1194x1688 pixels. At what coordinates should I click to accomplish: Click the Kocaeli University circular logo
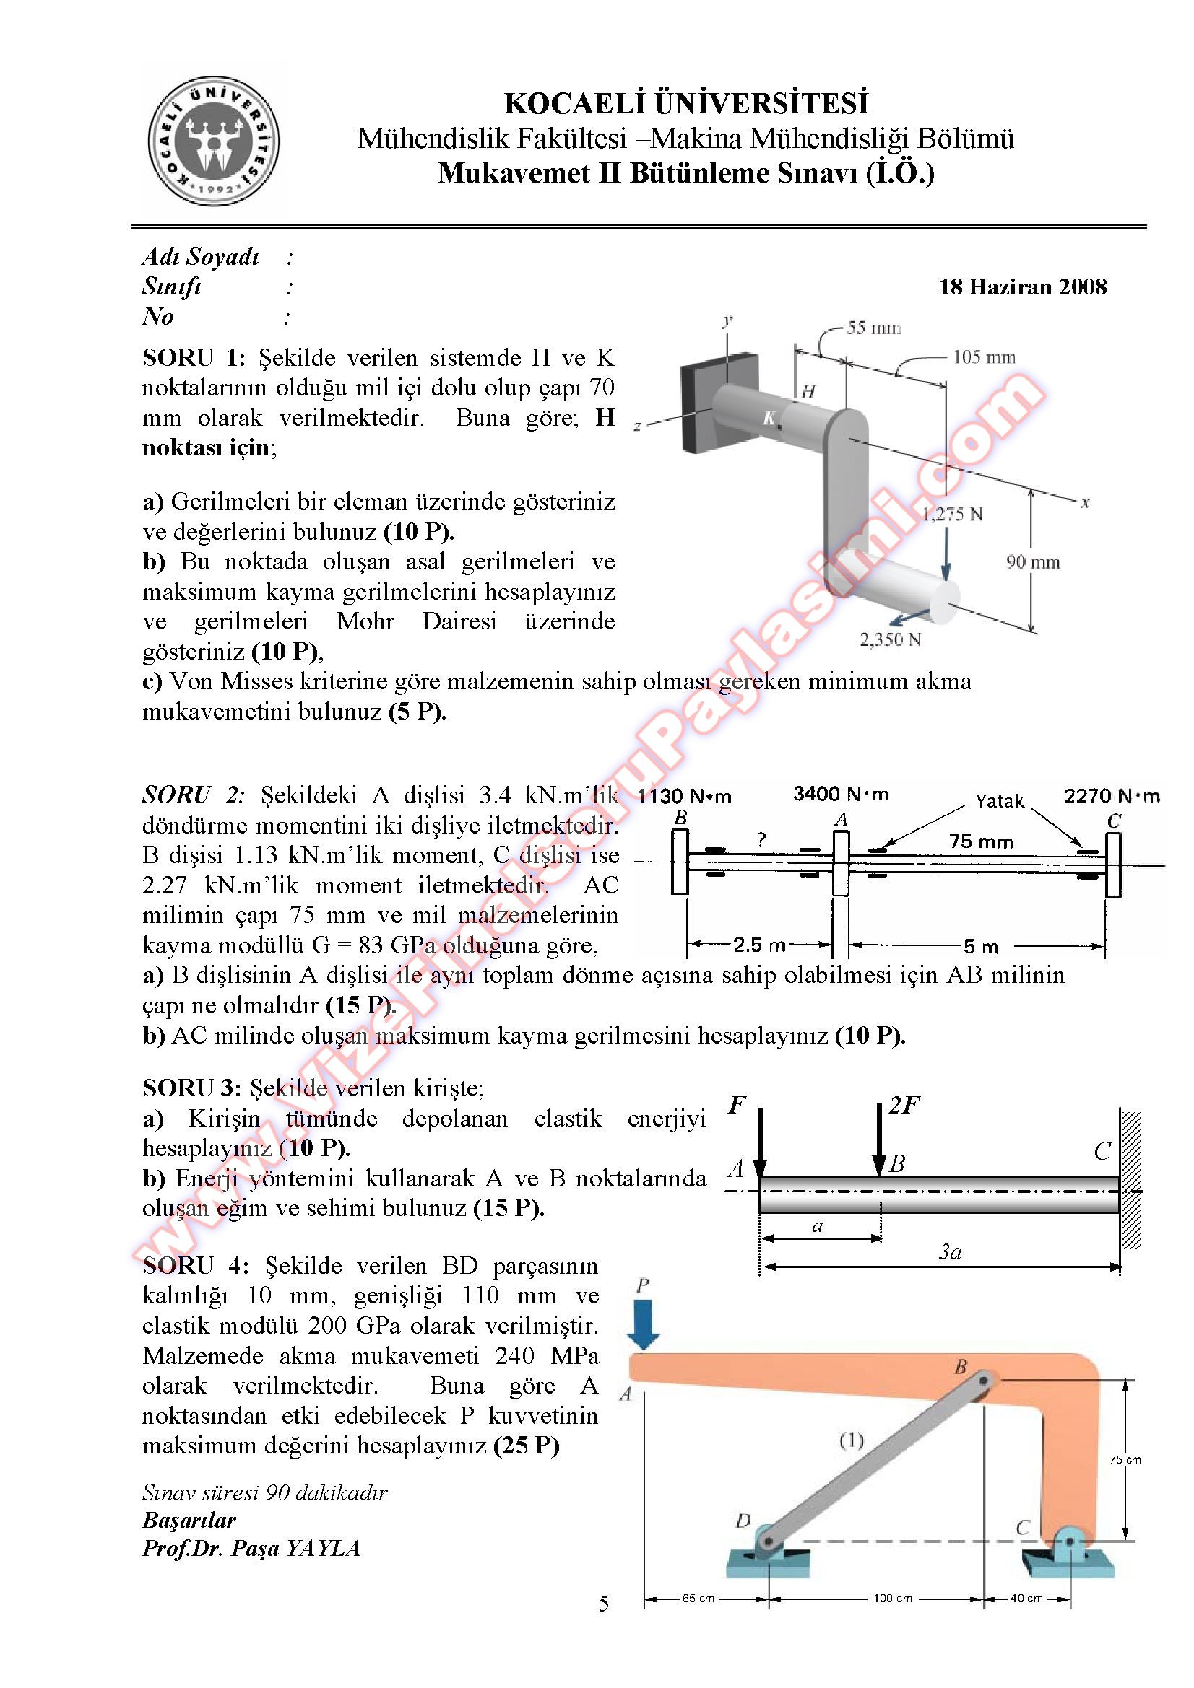(213, 141)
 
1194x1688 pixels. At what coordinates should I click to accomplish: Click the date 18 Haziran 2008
(1022, 287)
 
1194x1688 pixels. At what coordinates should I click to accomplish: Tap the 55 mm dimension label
(873, 328)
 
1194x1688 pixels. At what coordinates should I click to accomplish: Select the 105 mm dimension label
(984, 357)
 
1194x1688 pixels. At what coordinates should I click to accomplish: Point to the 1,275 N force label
(953, 514)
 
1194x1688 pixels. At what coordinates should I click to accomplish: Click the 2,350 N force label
(890, 639)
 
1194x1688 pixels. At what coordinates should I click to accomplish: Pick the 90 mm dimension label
(1033, 562)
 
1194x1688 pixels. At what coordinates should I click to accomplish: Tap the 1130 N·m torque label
(684, 796)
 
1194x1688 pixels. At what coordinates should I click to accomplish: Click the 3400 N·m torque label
(840, 794)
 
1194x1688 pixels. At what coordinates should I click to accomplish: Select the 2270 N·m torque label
(1111, 795)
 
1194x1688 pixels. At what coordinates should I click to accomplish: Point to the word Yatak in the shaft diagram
(999, 800)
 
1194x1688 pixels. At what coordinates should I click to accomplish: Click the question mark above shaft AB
(761, 839)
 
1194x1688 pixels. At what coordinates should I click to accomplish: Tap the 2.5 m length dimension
(759, 945)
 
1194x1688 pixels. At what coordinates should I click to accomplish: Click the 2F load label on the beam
(904, 1106)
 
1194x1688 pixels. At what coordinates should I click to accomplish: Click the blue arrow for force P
(644, 1324)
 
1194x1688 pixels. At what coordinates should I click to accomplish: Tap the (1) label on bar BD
(851, 1441)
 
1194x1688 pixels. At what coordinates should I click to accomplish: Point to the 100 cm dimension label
(892, 1598)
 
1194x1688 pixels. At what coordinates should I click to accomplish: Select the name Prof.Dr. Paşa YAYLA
(251, 1549)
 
